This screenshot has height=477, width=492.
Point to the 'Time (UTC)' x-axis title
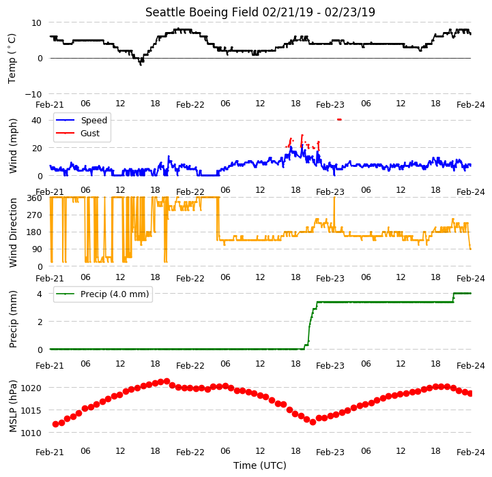tap(260, 465)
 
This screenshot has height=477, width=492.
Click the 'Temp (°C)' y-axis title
tap(12, 59)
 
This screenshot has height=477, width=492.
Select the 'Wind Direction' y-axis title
tap(13, 232)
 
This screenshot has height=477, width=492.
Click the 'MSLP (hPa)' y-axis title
tap(13, 406)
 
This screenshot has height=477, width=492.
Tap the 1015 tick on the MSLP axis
tap(31, 410)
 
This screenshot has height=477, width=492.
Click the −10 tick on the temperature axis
tap(33, 94)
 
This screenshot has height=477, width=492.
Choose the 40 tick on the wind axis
tap(36, 121)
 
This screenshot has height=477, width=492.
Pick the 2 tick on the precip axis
tap(40, 322)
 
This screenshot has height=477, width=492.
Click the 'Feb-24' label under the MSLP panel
tap(471, 452)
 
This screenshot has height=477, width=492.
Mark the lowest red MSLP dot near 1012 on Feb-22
tap(313, 422)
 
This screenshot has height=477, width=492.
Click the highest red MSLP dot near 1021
tap(167, 381)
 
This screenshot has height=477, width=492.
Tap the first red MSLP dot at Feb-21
tap(55, 424)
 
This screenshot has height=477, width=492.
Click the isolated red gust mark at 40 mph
tap(339, 119)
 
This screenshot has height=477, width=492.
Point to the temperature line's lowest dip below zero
tap(141, 64)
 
